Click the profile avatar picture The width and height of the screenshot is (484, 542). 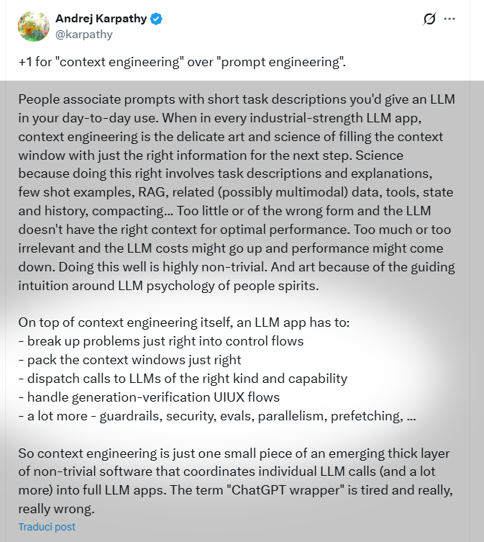(x=34, y=26)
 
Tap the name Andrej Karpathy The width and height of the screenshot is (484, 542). (x=101, y=19)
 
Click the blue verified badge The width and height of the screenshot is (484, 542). (x=156, y=19)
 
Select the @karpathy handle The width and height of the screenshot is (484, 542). (x=84, y=34)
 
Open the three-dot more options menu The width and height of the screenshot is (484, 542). (x=450, y=19)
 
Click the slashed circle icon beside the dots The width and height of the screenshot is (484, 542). (x=429, y=19)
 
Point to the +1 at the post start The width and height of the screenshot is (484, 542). (x=26, y=63)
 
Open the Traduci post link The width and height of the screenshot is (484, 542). (x=47, y=527)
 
